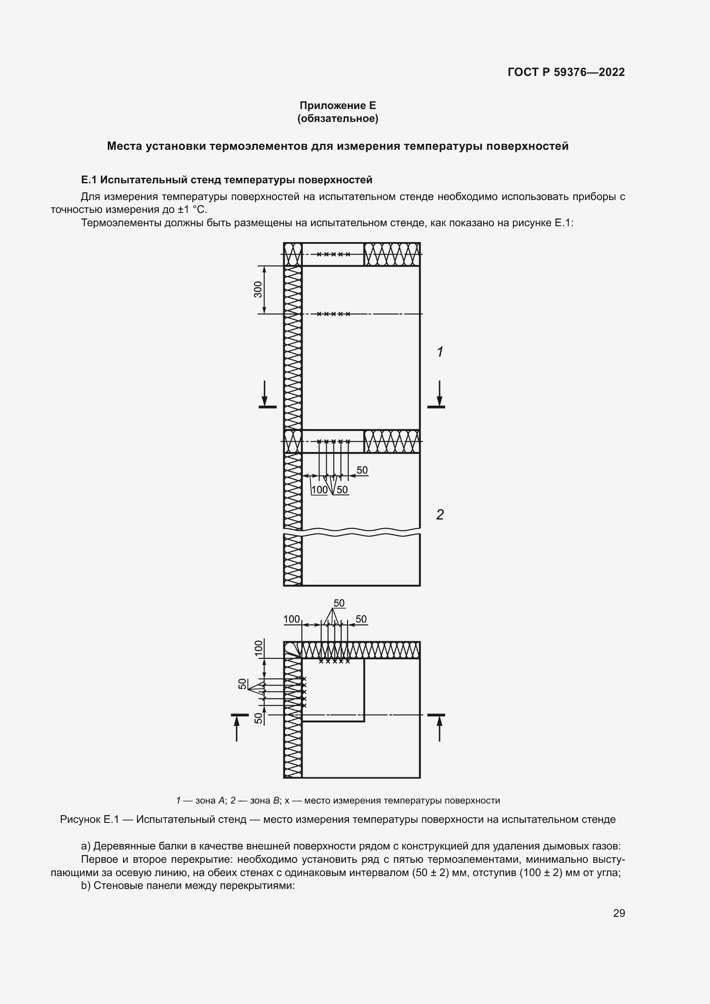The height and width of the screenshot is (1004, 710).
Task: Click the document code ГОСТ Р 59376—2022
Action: [x=566, y=72]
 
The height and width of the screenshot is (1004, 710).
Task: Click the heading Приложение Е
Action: [x=337, y=106]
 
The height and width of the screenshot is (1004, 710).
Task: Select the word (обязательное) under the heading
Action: [x=337, y=118]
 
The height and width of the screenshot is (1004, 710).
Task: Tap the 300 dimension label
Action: [x=258, y=289]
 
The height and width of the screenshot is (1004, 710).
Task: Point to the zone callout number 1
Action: [x=440, y=352]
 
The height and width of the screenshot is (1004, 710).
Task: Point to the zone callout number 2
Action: [x=440, y=515]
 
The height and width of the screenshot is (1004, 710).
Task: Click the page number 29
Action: [x=619, y=913]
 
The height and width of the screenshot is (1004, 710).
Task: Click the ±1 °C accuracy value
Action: [x=191, y=209]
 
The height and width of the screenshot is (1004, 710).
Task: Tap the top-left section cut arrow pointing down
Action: [x=264, y=394]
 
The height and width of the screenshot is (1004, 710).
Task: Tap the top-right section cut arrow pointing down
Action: [x=440, y=394]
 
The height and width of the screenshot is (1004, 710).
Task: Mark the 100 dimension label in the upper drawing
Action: [x=320, y=490]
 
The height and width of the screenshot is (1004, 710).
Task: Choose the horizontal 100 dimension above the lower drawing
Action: [x=291, y=619]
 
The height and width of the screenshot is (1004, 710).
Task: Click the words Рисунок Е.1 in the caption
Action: [x=89, y=819]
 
